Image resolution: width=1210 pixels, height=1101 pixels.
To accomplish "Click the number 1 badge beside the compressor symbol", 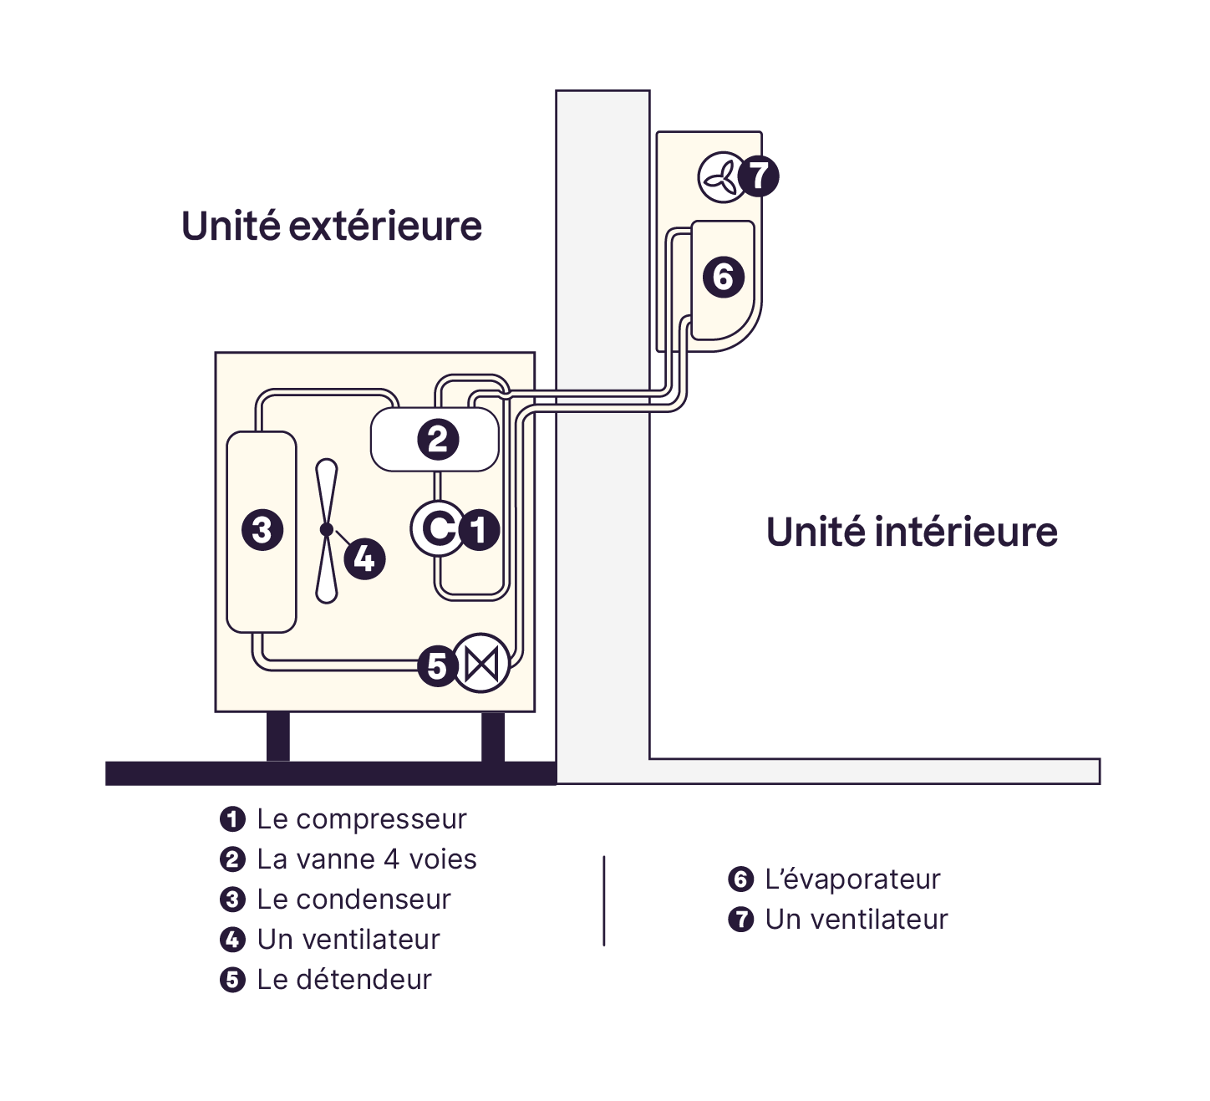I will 479,529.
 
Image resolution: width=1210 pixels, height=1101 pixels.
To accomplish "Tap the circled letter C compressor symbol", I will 437,528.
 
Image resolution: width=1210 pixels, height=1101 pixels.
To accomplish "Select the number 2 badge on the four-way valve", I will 438,439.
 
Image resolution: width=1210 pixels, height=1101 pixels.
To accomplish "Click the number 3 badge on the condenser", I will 262,529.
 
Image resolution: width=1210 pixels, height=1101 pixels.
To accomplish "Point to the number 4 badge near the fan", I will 364,558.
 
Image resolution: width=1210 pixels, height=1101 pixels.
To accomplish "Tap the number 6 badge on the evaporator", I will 724,277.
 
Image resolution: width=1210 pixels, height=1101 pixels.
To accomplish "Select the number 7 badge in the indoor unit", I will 759,176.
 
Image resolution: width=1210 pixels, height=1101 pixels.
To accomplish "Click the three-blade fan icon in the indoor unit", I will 719,177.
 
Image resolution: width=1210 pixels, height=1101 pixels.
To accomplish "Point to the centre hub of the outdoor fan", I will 327,529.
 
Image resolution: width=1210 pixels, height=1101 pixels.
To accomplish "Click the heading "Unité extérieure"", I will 332,227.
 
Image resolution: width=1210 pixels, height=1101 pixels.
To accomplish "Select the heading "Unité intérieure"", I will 912,532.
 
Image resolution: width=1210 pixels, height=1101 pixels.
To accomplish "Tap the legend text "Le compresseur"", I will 361,819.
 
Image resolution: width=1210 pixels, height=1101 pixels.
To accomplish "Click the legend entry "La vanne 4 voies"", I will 367,859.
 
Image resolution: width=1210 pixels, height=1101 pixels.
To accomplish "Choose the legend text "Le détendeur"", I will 344,980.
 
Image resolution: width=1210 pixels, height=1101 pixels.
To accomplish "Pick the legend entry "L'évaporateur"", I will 852,879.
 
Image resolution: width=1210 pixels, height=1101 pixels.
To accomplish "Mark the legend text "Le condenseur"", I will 353,900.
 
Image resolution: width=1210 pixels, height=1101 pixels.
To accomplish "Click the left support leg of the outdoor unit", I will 278,737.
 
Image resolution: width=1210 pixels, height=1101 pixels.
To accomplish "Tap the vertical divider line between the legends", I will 604,900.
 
